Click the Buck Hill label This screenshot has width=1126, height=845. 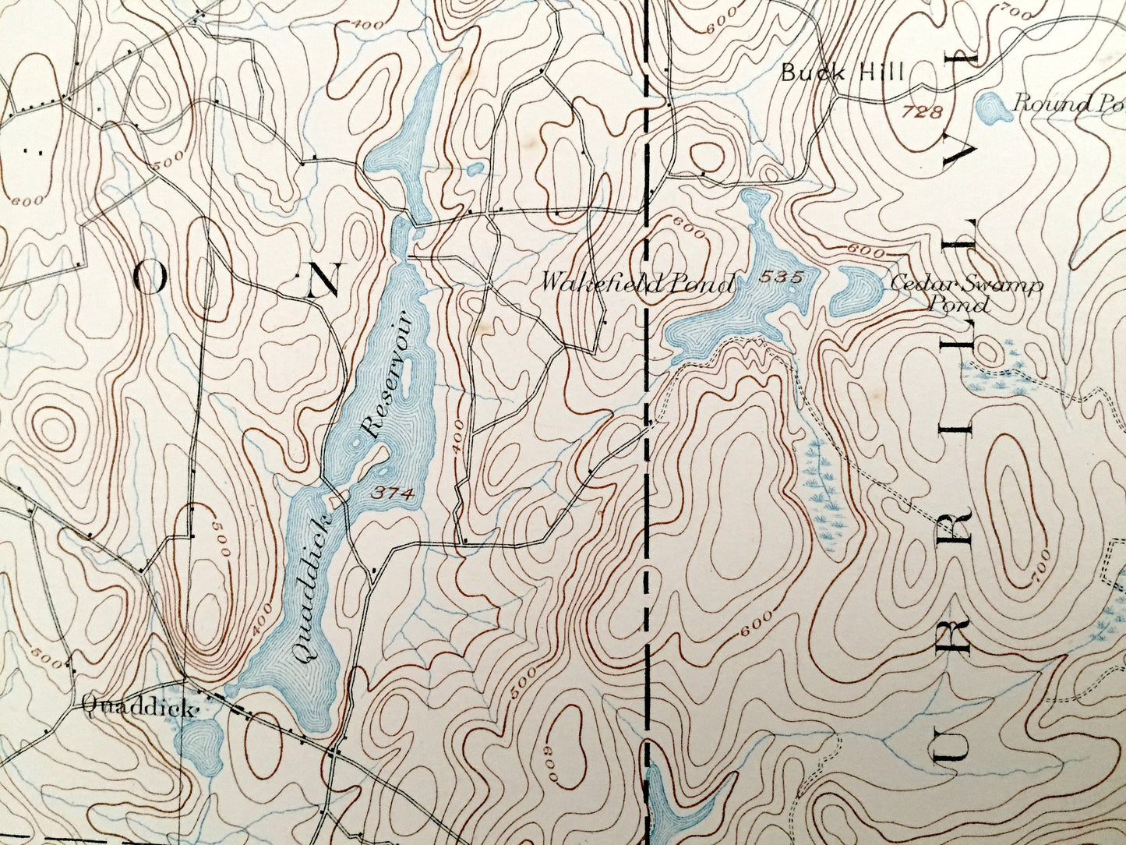coord(842,73)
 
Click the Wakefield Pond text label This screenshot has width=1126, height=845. coord(637,283)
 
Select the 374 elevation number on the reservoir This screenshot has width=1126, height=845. coord(388,493)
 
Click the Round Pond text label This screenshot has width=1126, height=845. coord(1068,103)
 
